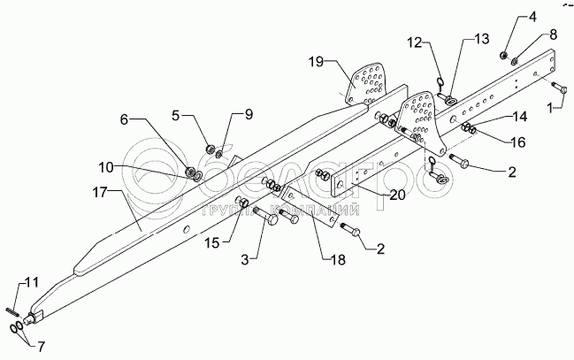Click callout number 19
pyautogui.click(x=316, y=64)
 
